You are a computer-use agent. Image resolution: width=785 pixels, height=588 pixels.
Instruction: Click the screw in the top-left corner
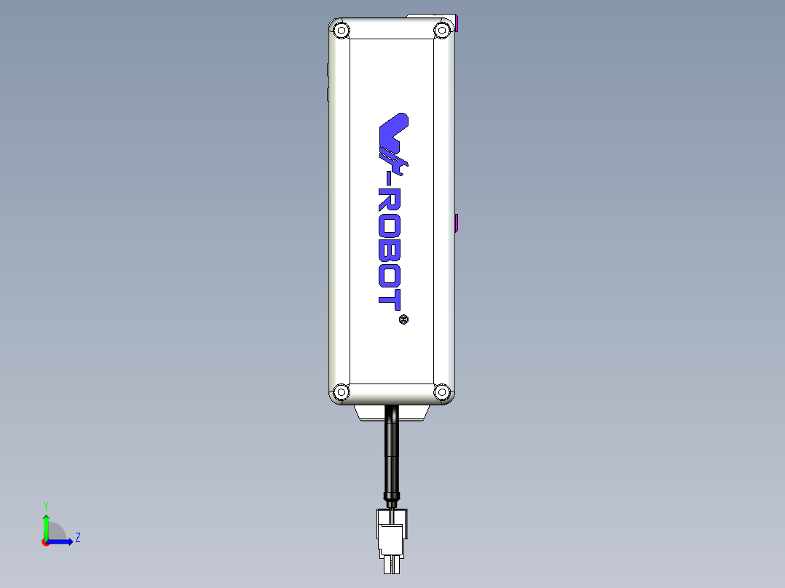click(x=340, y=31)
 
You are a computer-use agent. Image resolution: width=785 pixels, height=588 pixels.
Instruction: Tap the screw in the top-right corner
click(x=441, y=31)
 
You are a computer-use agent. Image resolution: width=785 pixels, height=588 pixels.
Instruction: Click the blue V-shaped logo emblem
click(x=394, y=135)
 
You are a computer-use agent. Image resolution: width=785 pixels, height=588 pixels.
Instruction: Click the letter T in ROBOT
click(x=391, y=299)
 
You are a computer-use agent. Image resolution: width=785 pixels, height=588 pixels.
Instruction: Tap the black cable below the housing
click(x=392, y=451)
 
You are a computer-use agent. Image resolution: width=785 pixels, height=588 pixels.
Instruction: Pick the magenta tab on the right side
click(x=456, y=222)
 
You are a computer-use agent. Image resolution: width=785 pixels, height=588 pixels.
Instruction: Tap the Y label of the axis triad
click(x=45, y=505)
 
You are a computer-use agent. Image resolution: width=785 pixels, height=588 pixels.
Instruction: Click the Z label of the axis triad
click(x=77, y=538)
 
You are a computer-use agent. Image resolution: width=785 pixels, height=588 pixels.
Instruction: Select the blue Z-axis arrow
click(x=63, y=541)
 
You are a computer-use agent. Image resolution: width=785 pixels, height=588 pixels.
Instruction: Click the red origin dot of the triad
click(x=45, y=541)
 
